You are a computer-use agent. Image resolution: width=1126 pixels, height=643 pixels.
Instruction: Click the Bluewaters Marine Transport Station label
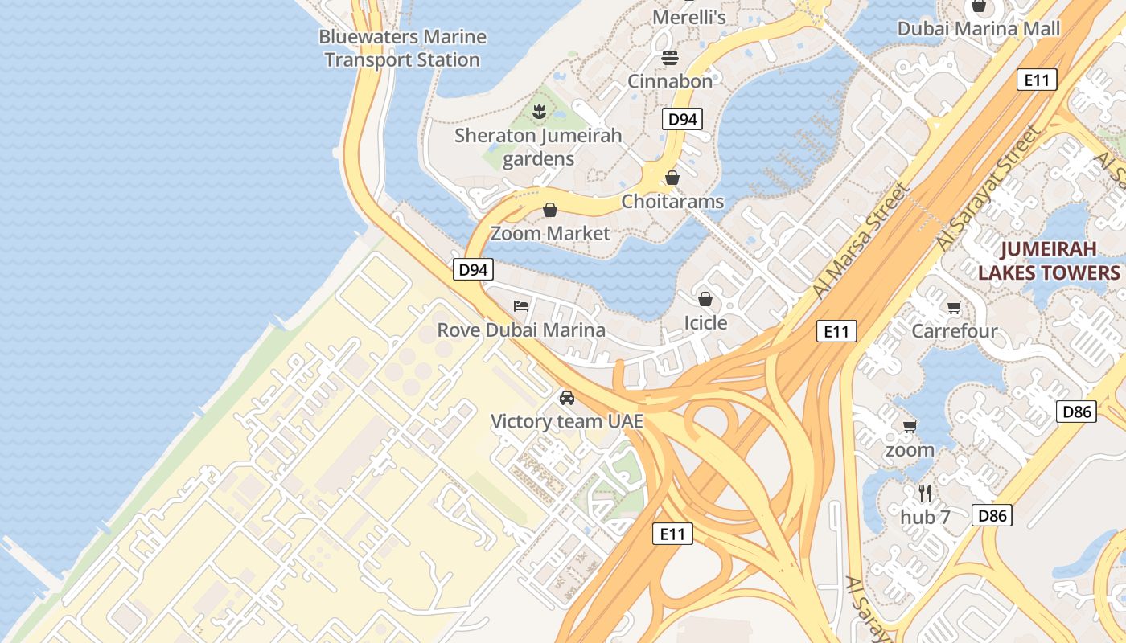[x=402, y=48]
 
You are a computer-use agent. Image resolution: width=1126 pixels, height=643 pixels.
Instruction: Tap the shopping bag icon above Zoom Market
[x=550, y=211]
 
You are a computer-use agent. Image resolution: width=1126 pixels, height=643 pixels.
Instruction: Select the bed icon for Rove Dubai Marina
[x=521, y=306]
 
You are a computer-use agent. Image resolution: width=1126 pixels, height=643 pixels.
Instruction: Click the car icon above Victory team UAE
[x=567, y=397]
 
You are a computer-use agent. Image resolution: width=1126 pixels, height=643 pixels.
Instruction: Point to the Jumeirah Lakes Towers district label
[x=1049, y=260]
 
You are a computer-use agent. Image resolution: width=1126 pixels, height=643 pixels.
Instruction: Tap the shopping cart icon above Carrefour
[x=954, y=307]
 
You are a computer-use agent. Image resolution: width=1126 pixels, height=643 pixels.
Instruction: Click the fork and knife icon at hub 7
[x=925, y=492]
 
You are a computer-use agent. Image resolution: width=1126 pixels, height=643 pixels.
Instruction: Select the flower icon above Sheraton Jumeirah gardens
[x=539, y=111]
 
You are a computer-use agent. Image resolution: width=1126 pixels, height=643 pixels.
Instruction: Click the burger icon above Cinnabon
[x=670, y=57]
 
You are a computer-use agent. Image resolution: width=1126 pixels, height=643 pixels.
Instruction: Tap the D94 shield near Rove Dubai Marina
[x=473, y=269]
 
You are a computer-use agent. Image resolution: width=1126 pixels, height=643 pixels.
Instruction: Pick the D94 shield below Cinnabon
[x=682, y=120]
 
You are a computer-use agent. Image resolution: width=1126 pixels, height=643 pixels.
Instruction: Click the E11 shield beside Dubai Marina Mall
[x=1036, y=80]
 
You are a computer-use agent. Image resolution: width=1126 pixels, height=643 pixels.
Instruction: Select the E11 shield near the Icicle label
[x=836, y=331]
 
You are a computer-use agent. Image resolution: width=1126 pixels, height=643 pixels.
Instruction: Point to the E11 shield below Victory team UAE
[x=672, y=533]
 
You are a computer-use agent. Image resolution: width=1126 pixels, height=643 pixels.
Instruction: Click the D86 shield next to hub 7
[x=992, y=515]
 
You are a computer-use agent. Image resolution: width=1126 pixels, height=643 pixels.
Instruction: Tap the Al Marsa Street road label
[x=861, y=241]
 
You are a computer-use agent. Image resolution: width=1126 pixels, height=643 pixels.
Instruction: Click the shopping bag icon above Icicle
[x=705, y=299]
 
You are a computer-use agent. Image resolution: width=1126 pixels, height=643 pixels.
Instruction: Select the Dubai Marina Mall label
[x=979, y=28]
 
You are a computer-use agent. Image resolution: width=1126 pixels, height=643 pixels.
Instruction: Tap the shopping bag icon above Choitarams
[x=672, y=178]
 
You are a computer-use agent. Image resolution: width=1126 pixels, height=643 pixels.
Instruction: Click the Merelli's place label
[x=689, y=17]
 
